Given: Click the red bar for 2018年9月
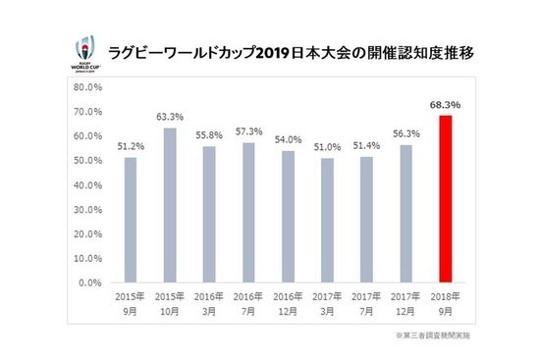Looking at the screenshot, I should (x=446, y=199).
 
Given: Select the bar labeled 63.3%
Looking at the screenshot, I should (x=170, y=205).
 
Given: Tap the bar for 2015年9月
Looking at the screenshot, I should (x=131, y=220).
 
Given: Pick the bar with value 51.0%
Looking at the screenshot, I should (x=328, y=220).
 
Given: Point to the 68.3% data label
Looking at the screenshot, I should (x=446, y=103).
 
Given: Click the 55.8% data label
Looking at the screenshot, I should (x=209, y=131).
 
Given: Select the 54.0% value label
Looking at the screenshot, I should (x=288, y=140).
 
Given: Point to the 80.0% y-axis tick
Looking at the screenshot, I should (x=89, y=86).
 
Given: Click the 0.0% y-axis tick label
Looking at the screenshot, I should (x=91, y=283).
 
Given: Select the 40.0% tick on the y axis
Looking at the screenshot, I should (x=89, y=184).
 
